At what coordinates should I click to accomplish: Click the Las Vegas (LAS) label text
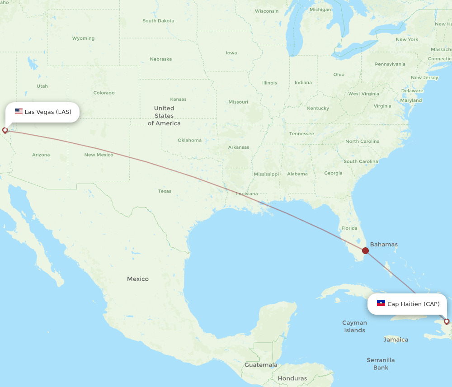[48, 112]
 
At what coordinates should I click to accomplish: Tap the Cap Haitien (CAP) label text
[413, 304]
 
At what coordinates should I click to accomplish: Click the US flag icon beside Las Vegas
[19, 111]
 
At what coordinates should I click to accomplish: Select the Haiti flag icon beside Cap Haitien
[381, 303]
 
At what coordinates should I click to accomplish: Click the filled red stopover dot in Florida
[365, 250]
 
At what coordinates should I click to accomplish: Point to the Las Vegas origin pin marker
[5, 130]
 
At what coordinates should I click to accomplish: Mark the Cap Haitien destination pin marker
[447, 321]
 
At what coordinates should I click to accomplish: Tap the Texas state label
[165, 191]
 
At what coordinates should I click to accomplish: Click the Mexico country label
[138, 279]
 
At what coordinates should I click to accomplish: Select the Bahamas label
[384, 245]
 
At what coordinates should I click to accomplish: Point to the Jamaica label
[395, 340]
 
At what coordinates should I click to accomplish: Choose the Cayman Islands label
[354, 326]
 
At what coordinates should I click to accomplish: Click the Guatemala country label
[261, 365]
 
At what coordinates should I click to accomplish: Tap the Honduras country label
[292, 378]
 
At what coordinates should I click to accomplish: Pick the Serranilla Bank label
[381, 364]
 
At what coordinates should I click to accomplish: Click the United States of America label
[164, 116]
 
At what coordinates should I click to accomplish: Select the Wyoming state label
[83, 38]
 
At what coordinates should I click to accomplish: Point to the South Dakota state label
[158, 21]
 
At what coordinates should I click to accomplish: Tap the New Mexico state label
[99, 155]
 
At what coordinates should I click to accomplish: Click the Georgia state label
[333, 173]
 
